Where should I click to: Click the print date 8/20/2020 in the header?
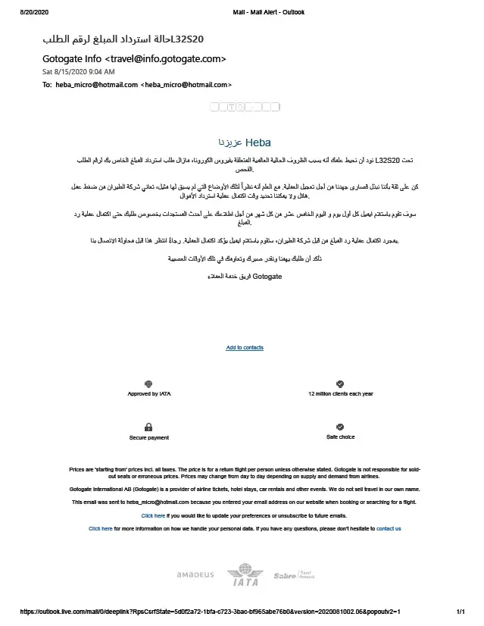point(33,13)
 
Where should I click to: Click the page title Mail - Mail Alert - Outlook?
point(274,13)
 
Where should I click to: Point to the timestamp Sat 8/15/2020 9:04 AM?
point(78,71)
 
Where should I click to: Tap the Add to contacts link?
point(245,348)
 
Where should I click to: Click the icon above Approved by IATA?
point(148,384)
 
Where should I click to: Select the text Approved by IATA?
point(148,394)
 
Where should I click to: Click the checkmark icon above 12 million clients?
point(340,384)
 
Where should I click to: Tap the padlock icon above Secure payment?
point(148,427)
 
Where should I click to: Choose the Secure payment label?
point(149,437)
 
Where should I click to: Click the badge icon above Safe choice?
point(340,427)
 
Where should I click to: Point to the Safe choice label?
point(340,437)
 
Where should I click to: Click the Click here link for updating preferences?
point(153,515)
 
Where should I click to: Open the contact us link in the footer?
point(389,528)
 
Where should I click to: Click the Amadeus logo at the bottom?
point(195,575)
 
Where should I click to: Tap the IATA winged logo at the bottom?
point(242,574)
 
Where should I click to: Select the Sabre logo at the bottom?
point(290,576)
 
